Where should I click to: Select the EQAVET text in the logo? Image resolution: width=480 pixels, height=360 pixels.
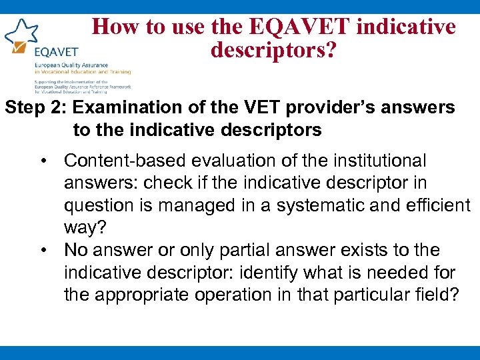pyautogui.click(x=55, y=51)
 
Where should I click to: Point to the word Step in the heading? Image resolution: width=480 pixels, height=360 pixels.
pyautogui.click(x=25, y=107)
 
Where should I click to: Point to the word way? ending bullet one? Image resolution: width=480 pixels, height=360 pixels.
pyautogui.click(x=84, y=228)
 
